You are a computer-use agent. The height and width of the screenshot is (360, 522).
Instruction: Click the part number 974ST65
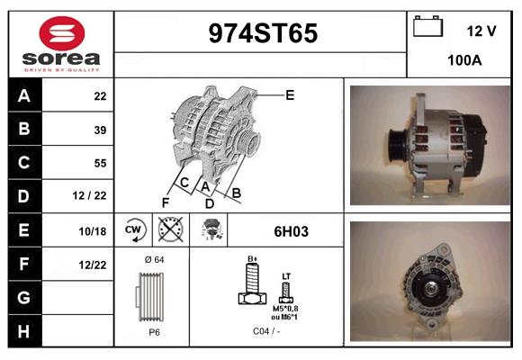(x=263, y=33)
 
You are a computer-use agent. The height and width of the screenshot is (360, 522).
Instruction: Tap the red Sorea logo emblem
(x=62, y=33)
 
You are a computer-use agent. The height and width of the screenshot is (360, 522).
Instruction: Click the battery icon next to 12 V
(x=427, y=26)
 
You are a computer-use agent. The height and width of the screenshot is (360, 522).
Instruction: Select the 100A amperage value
(x=464, y=60)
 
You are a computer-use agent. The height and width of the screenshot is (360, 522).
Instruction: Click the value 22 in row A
(x=100, y=96)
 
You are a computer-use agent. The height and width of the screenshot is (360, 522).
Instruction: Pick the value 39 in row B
(x=100, y=130)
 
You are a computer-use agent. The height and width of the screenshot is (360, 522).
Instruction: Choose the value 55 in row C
(x=100, y=163)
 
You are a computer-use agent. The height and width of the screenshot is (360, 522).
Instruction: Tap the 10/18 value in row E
(x=93, y=231)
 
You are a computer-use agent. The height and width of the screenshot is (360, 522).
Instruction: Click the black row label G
(x=24, y=298)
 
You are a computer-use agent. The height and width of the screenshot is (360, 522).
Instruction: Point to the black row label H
(x=24, y=331)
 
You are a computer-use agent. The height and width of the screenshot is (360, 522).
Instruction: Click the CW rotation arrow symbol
(x=134, y=229)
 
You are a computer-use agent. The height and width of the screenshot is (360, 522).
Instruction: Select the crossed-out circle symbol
(x=170, y=229)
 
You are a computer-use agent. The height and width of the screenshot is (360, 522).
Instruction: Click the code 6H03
(x=292, y=231)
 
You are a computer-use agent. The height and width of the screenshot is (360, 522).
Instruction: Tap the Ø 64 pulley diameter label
(x=155, y=259)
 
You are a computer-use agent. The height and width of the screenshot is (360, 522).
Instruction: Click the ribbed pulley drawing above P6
(x=150, y=297)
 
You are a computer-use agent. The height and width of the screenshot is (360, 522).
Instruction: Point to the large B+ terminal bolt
(x=253, y=283)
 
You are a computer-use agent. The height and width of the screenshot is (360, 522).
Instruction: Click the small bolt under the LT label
(x=286, y=292)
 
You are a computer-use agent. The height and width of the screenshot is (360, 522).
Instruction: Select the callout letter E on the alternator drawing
(x=290, y=95)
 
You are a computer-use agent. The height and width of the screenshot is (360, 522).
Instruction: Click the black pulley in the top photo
(x=398, y=145)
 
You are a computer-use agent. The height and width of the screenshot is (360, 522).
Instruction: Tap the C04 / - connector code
(x=266, y=331)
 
